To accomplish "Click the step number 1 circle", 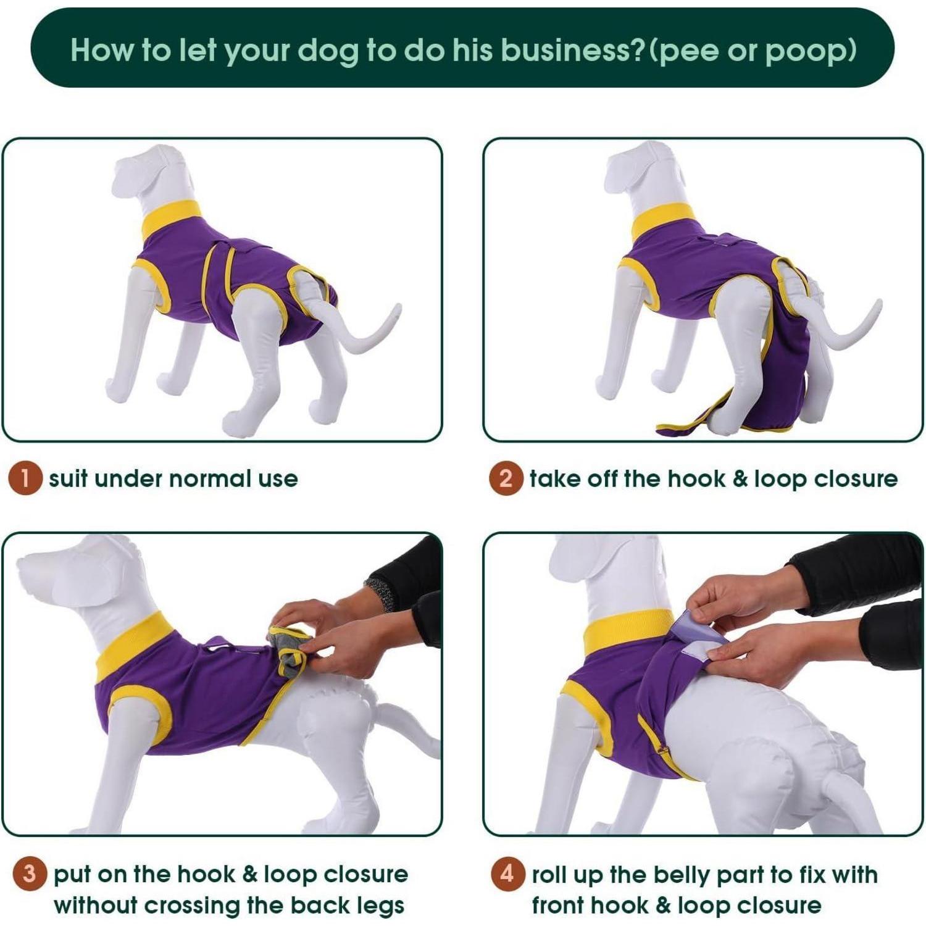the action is tap(25, 478).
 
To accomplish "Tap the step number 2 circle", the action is tap(506, 478).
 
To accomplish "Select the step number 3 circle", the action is tap(30, 874).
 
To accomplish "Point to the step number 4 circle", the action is tap(507, 874).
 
